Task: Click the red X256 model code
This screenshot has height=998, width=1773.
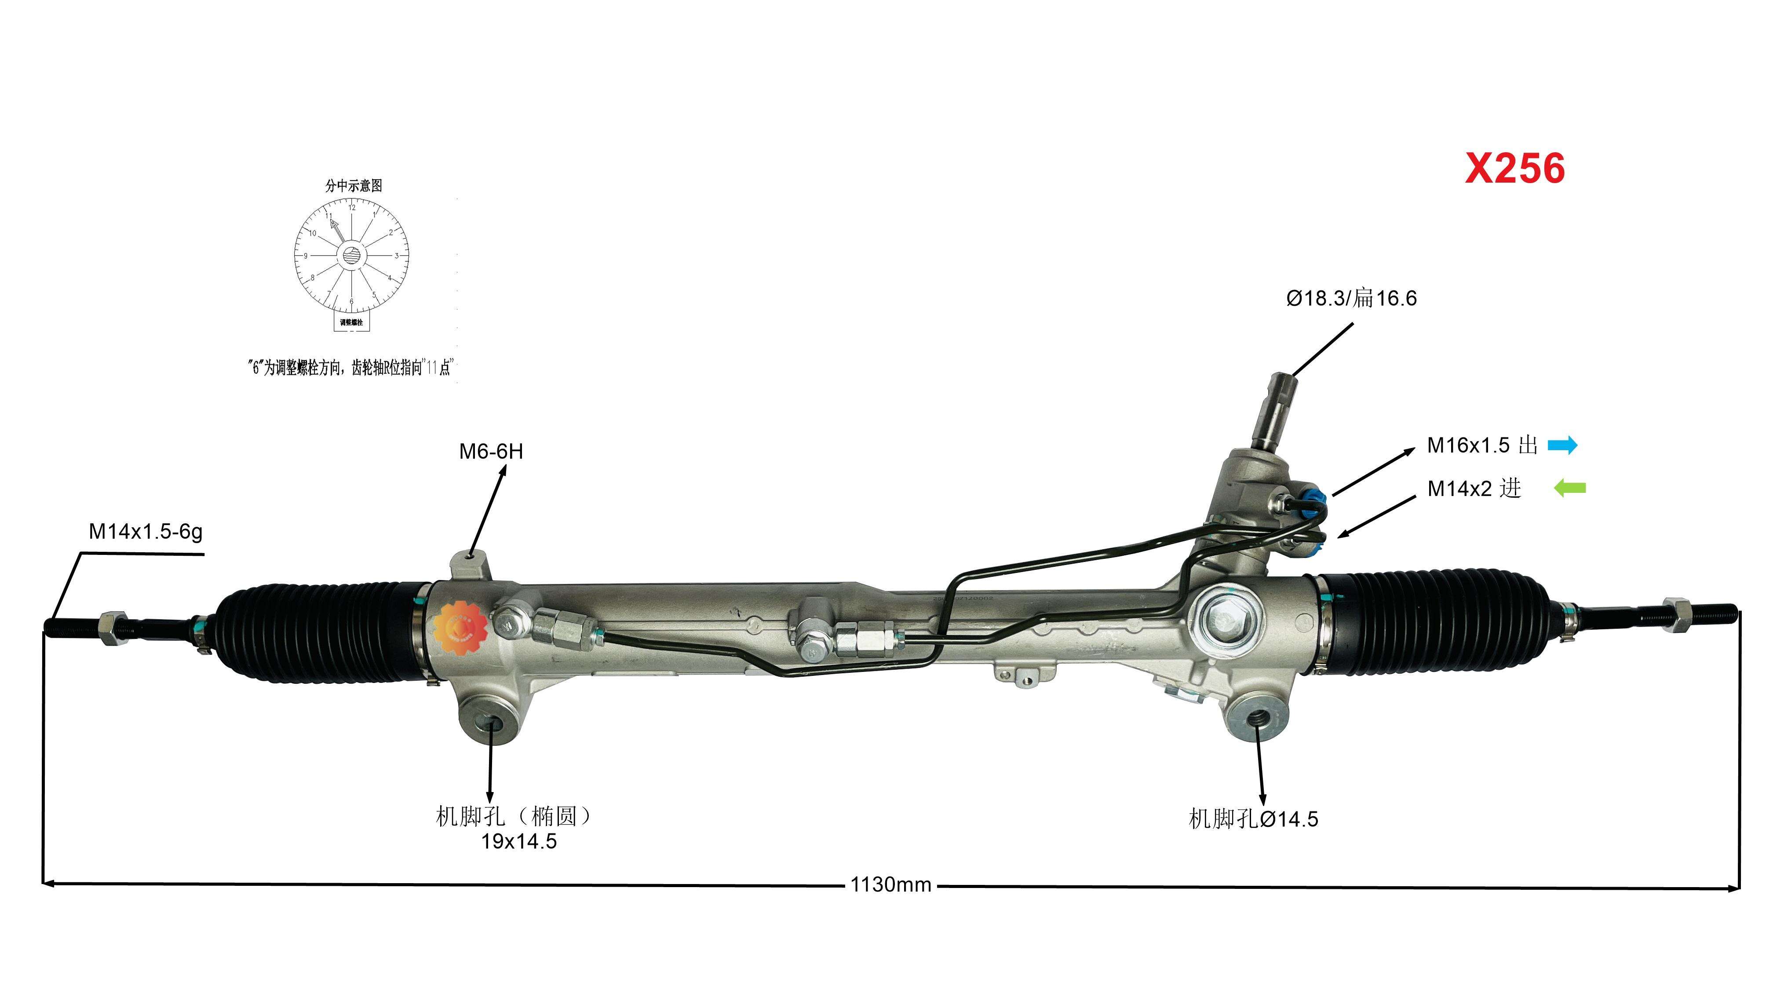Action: (x=1514, y=168)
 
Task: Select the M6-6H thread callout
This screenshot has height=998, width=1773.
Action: (x=491, y=452)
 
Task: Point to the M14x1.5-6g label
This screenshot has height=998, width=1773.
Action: (x=145, y=532)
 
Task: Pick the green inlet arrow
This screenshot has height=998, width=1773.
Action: (x=1570, y=488)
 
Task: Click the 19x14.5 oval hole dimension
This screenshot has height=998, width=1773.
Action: (x=518, y=841)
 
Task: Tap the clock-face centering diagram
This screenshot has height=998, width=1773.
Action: (x=352, y=256)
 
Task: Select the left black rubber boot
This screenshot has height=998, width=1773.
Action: (x=320, y=632)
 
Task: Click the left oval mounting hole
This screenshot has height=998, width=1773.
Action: (x=492, y=723)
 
